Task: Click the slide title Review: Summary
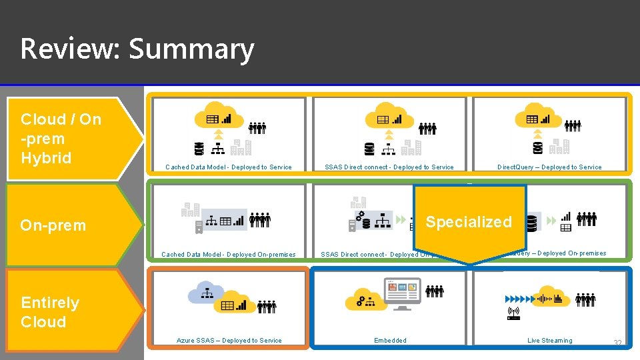point(137,49)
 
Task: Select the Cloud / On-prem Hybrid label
point(61,139)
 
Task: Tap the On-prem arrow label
point(53,225)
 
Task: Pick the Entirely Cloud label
point(50,312)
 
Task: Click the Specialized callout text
point(469,222)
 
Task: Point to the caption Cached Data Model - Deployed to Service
point(229,167)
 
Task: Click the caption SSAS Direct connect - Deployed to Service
point(389,167)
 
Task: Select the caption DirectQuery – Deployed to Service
point(549,167)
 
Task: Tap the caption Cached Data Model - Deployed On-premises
point(229,255)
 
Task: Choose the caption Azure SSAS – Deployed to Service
point(229,341)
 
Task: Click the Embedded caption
point(390,341)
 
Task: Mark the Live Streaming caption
point(550,341)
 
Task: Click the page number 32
point(617,343)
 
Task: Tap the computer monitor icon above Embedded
point(403,293)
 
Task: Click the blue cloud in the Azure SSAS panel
point(207,292)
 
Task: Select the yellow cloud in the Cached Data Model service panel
point(219,115)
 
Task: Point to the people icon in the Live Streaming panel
point(586,300)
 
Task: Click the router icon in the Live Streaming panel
point(513,313)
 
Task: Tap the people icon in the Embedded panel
point(435,291)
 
